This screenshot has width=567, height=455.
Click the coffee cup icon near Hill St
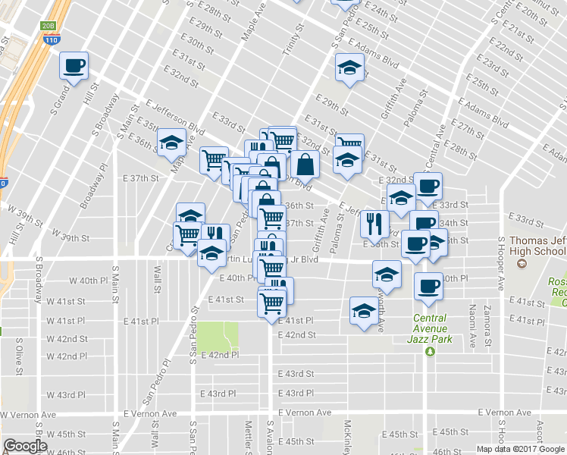74,65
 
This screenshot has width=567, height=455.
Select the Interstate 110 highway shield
52,39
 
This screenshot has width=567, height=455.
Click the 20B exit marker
49,26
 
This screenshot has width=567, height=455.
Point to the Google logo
24,447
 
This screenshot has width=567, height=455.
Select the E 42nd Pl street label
219,354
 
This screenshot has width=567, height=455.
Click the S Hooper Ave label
501,265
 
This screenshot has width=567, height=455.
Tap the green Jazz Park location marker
430,351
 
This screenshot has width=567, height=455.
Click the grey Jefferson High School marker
521,264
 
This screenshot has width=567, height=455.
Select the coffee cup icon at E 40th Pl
428,287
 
